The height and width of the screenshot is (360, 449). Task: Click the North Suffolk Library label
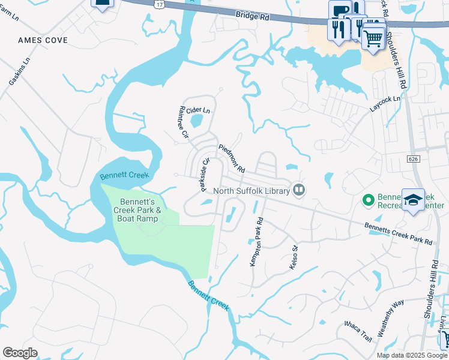pos(252,191)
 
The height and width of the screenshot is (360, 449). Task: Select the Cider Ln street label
pos(198,110)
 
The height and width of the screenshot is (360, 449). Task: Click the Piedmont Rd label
pos(232,158)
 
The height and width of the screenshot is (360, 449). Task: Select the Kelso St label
pos(294,257)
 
